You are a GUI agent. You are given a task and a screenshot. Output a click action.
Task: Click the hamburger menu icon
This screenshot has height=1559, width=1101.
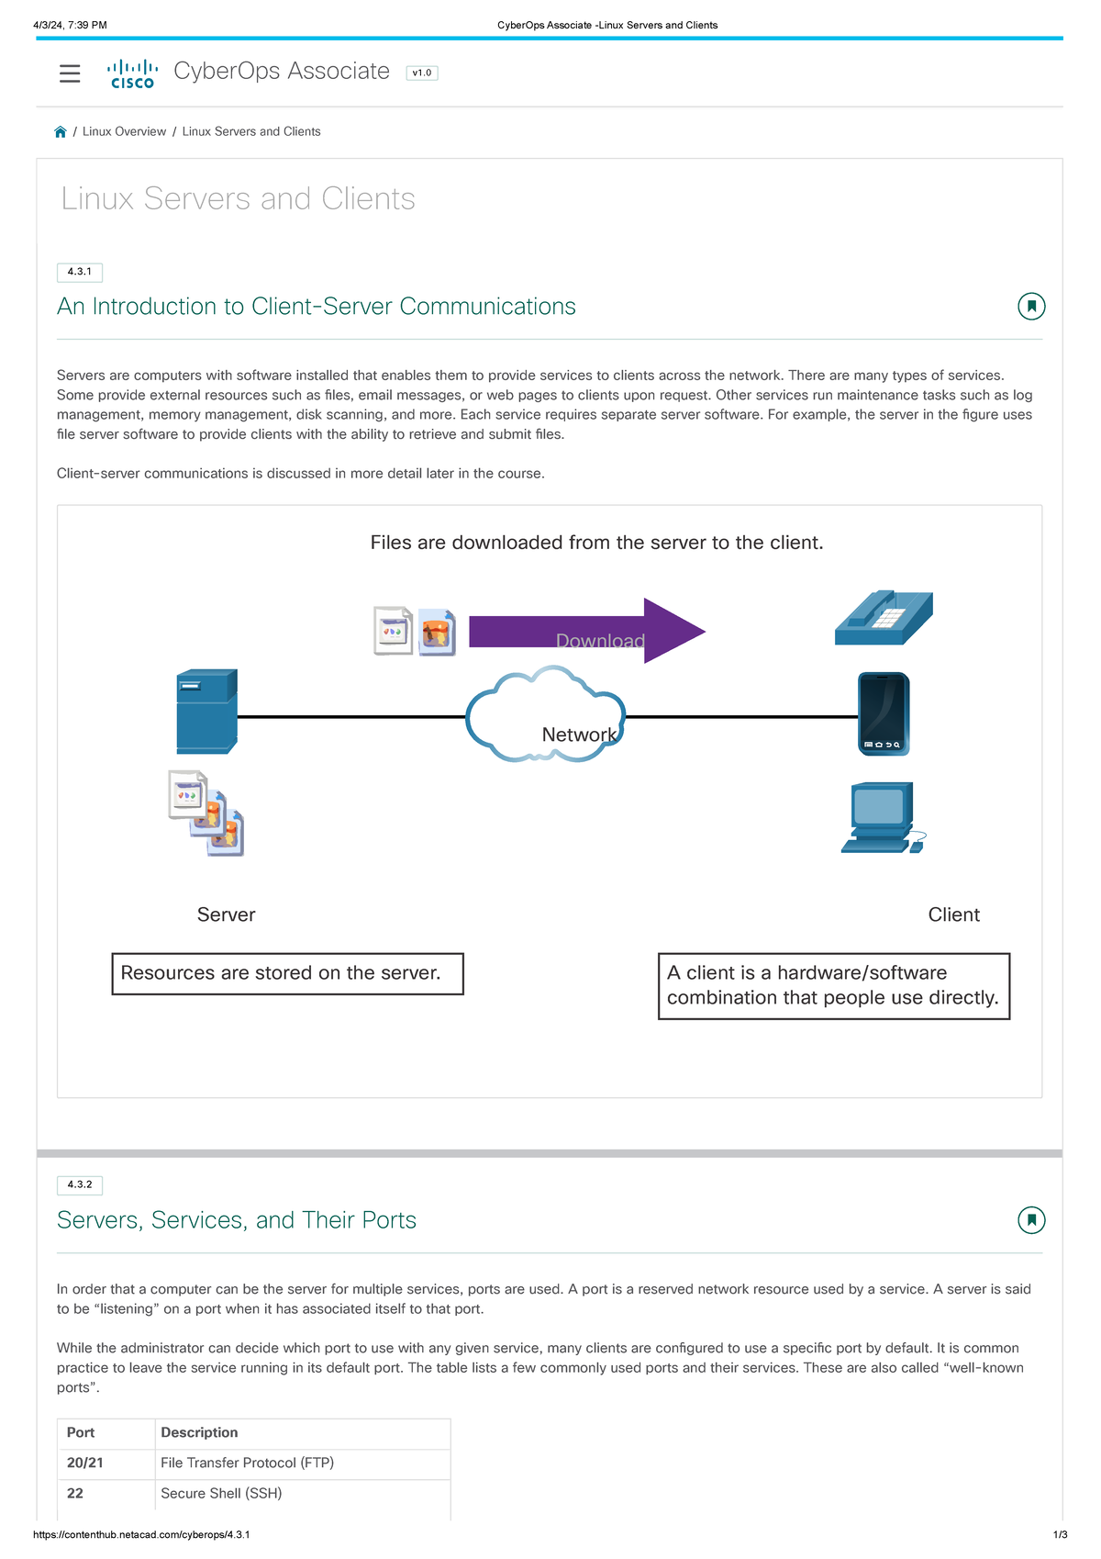[70, 73]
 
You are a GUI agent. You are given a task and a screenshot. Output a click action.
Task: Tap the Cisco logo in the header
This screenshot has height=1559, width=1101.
[132, 73]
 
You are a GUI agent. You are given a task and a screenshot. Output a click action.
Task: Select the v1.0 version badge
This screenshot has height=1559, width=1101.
[422, 73]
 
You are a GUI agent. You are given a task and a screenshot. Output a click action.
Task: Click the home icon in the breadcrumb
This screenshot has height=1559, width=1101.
[61, 132]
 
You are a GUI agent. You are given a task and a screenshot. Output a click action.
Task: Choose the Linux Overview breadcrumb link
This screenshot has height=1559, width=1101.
[124, 132]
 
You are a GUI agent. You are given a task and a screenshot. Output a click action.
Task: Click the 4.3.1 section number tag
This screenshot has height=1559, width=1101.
[80, 272]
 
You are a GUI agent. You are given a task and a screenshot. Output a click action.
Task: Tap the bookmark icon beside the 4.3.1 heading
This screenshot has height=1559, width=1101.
[1031, 307]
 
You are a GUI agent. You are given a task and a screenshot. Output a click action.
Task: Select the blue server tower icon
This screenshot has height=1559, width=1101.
[206, 712]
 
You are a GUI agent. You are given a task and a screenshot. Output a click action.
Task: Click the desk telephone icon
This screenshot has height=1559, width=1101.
[884, 617]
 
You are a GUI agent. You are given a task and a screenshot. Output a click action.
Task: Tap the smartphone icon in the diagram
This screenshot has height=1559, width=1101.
[884, 714]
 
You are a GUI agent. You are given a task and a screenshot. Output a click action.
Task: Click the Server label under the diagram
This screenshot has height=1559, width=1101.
[226, 914]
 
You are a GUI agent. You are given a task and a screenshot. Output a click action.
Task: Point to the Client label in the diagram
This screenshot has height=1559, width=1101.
[953, 914]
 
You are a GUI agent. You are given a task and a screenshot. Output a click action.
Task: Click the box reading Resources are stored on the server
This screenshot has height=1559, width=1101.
[287, 973]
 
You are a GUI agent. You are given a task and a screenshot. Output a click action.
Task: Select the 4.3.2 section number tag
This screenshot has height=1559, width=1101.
[80, 1184]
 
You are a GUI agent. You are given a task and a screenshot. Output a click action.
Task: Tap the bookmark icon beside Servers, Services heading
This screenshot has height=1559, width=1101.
[1031, 1220]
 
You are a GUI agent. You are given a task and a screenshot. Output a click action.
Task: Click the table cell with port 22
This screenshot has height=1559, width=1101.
[75, 1494]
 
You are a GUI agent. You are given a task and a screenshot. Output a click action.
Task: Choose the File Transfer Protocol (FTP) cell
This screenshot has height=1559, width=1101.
[247, 1463]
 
